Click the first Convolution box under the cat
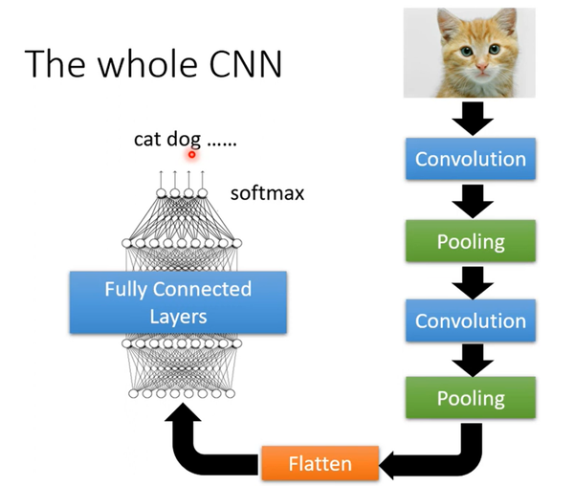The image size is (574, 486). click(471, 159)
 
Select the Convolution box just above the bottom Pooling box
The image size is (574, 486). click(471, 320)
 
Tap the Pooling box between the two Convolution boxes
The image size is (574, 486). click(471, 241)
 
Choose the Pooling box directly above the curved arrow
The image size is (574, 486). click(471, 397)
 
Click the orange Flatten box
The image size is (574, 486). click(320, 463)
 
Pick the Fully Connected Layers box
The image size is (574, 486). click(178, 302)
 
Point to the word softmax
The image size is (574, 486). click(267, 193)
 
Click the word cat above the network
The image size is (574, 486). click(147, 140)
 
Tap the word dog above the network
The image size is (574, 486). click(184, 141)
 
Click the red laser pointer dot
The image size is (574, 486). click(192, 155)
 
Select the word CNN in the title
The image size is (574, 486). click(246, 64)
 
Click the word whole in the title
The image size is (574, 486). click(147, 63)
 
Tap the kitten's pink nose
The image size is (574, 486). click(482, 67)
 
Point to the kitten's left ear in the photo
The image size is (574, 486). click(448, 23)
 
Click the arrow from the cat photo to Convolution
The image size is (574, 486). click(473, 119)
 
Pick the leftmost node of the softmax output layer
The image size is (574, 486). click(161, 193)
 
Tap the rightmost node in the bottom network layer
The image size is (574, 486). click(230, 393)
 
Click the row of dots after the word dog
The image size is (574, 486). click(222, 144)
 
